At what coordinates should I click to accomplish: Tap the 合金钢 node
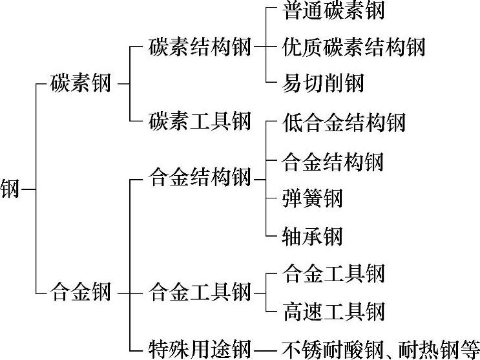(81, 292)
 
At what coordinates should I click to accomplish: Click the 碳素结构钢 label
(199, 47)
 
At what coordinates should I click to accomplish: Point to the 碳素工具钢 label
(199, 120)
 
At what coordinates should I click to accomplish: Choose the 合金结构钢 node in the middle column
(199, 176)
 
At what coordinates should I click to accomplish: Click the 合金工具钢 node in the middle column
(199, 292)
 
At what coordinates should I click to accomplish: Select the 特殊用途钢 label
(199, 347)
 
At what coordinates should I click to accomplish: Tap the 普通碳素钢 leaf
(334, 10)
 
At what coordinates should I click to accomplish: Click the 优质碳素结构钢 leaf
(354, 47)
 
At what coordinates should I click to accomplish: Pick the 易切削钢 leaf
(324, 83)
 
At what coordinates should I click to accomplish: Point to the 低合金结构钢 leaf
(344, 122)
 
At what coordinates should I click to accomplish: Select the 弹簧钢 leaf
(313, 198)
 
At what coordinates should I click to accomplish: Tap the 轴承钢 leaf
(313, 236)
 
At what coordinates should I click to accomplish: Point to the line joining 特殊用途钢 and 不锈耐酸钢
(264, 348)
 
